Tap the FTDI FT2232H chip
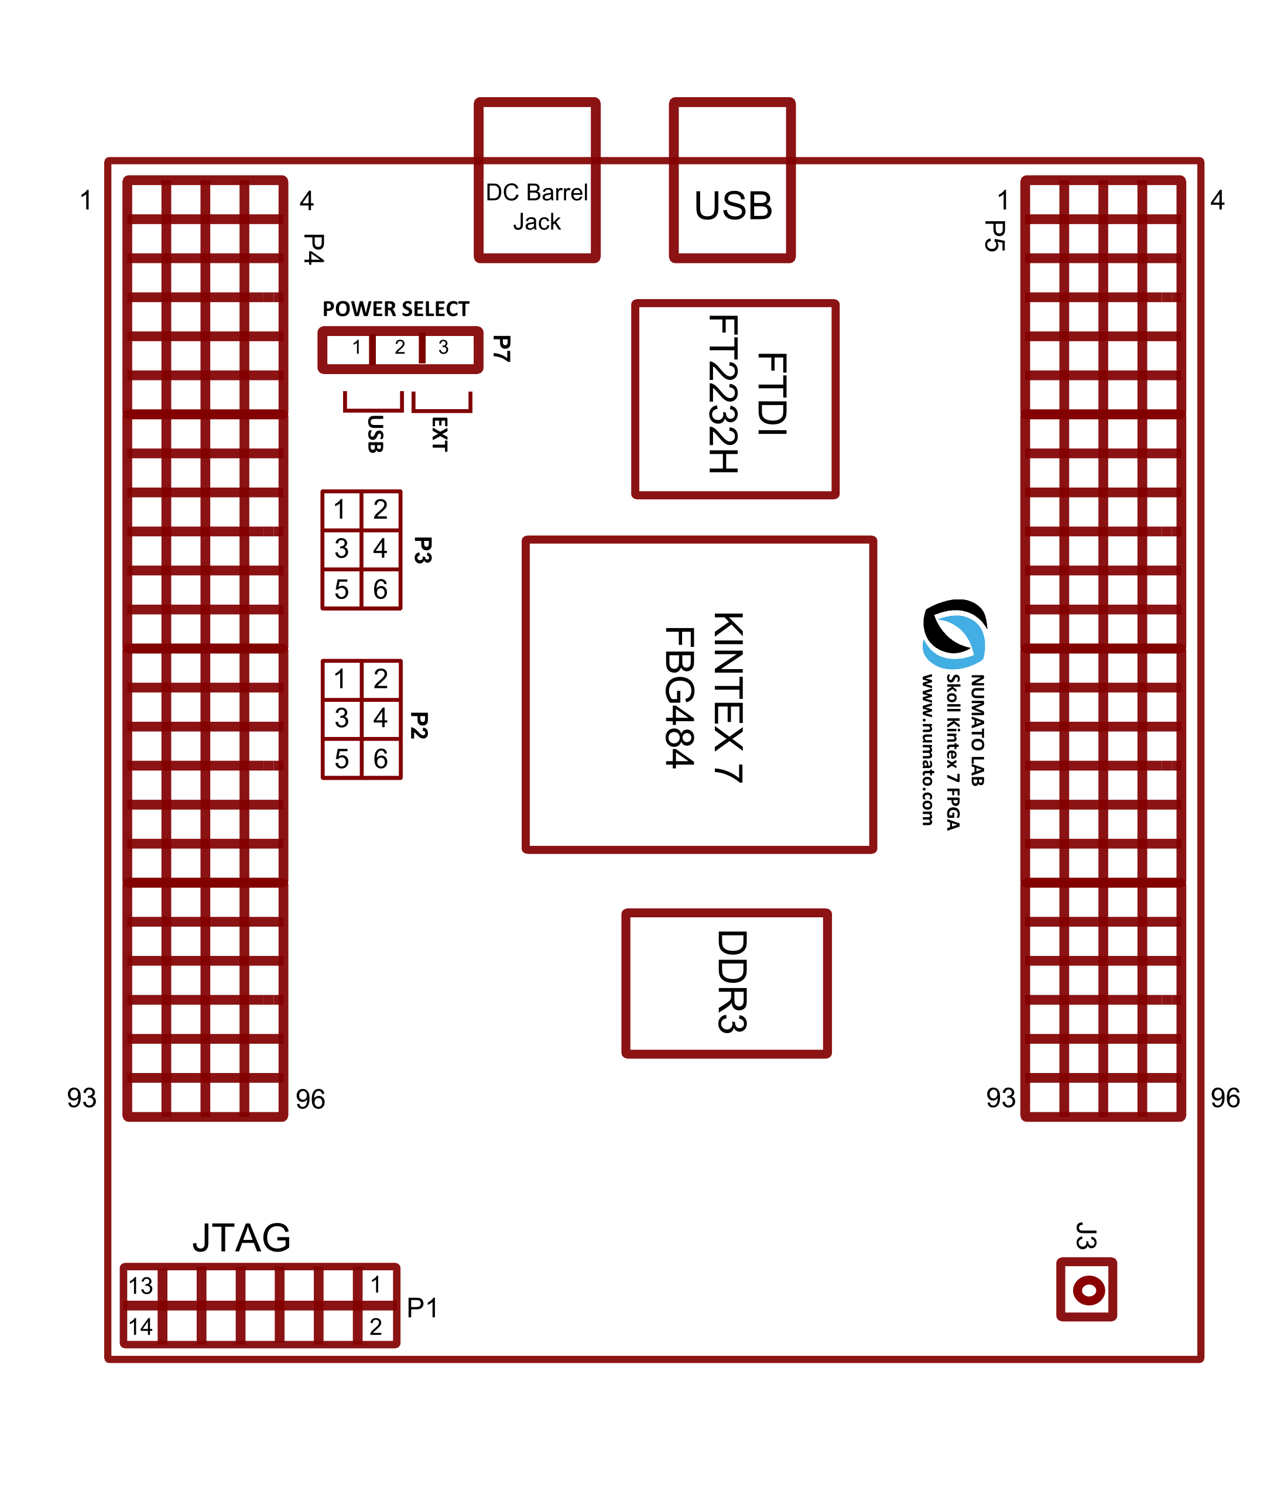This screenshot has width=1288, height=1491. tap(735, 399)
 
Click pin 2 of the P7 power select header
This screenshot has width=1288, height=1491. tap(399, 348)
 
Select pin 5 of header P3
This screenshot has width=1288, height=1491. tap(341, 589)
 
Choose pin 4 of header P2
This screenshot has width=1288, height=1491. tap(381, 718)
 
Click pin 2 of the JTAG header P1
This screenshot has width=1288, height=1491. tap(376, 1327)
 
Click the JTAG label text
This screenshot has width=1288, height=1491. tap(242, 1238)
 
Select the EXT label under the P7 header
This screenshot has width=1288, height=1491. tap(440, 434)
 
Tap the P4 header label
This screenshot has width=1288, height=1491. tap(314, 249)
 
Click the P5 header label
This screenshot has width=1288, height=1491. tap(995, 236)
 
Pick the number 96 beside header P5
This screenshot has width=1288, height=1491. tap(1225, 1098)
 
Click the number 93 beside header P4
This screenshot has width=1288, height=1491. tap(81, 1098)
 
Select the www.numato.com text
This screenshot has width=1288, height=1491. tap(927, 749)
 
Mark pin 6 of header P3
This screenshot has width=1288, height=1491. tap(381, 589)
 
